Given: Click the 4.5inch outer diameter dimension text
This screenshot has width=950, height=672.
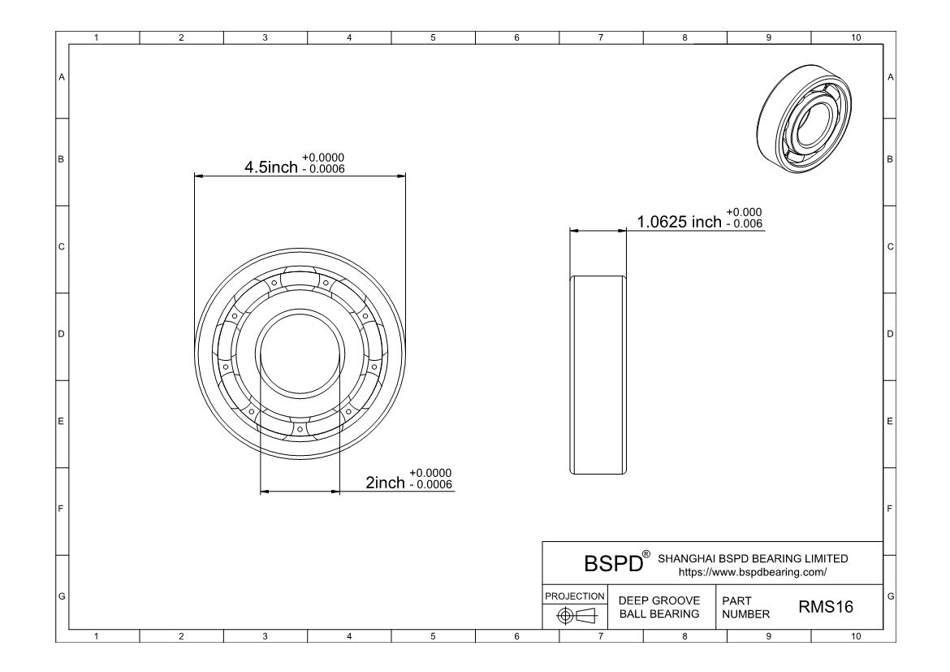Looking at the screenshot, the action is click(x=271, y=167).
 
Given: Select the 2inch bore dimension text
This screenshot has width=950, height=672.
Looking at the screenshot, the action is click(x=386, y=482).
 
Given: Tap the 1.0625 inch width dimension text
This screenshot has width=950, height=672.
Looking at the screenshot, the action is click(x=679, y=222).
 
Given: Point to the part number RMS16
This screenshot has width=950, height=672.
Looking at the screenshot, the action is click(x=826, y=606).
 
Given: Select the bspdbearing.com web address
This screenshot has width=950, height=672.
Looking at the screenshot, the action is click(x=753, y=572).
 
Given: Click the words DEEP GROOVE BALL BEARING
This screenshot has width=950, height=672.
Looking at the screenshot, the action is click(x=659, y=607).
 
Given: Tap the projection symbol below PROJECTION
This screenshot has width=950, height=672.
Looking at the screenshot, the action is click(x=576, y=616).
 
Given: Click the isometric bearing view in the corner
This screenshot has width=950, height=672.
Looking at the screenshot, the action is click(x=804, y=124).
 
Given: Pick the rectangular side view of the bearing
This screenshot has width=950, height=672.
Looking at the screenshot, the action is click(x=598, y=375).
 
